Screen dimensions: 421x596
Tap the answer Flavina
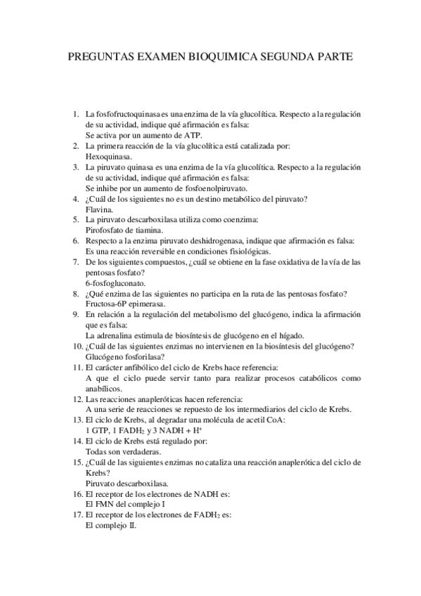click(x=99, y=209)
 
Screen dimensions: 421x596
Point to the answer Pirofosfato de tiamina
click(x=124, y=230)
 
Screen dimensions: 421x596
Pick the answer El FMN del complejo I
click(x=125, y=504)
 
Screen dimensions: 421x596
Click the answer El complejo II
click(x=111, y=525)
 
